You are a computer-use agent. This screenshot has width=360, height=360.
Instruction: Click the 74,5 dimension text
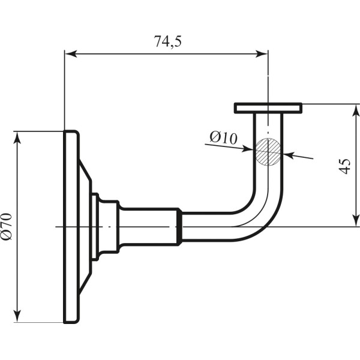[x=168, y=41]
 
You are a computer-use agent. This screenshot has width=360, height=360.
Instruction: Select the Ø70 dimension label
[x=7, y=227]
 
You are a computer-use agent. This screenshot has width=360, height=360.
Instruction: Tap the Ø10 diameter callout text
[x=224, y=137]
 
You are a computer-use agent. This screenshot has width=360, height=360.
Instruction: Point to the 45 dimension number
[x=344, y=166]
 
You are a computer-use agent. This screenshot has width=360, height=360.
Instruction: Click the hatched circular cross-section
[x=268, y=152]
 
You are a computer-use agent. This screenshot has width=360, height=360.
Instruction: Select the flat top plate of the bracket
[x=268, y=108]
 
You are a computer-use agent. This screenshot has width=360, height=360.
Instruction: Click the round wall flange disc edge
[x=71, y=227]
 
